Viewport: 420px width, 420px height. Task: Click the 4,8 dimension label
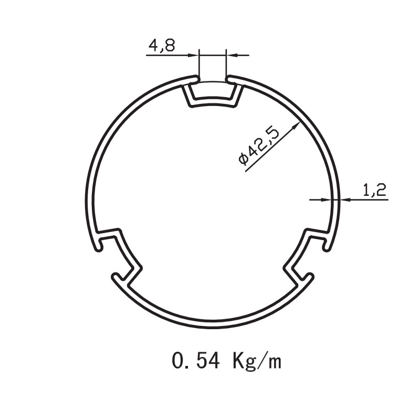click(x=162, y=46)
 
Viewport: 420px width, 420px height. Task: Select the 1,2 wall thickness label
click(x=374, y=190)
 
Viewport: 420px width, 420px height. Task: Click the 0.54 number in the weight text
click(x=195, y=361)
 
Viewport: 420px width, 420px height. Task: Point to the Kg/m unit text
click(x=257, y=361)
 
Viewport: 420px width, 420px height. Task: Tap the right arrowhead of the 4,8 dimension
click(x=232, y=56)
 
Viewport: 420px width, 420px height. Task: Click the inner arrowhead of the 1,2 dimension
click(x=326, y=199)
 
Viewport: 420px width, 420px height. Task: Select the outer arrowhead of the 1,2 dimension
click(x=345, y=199)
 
